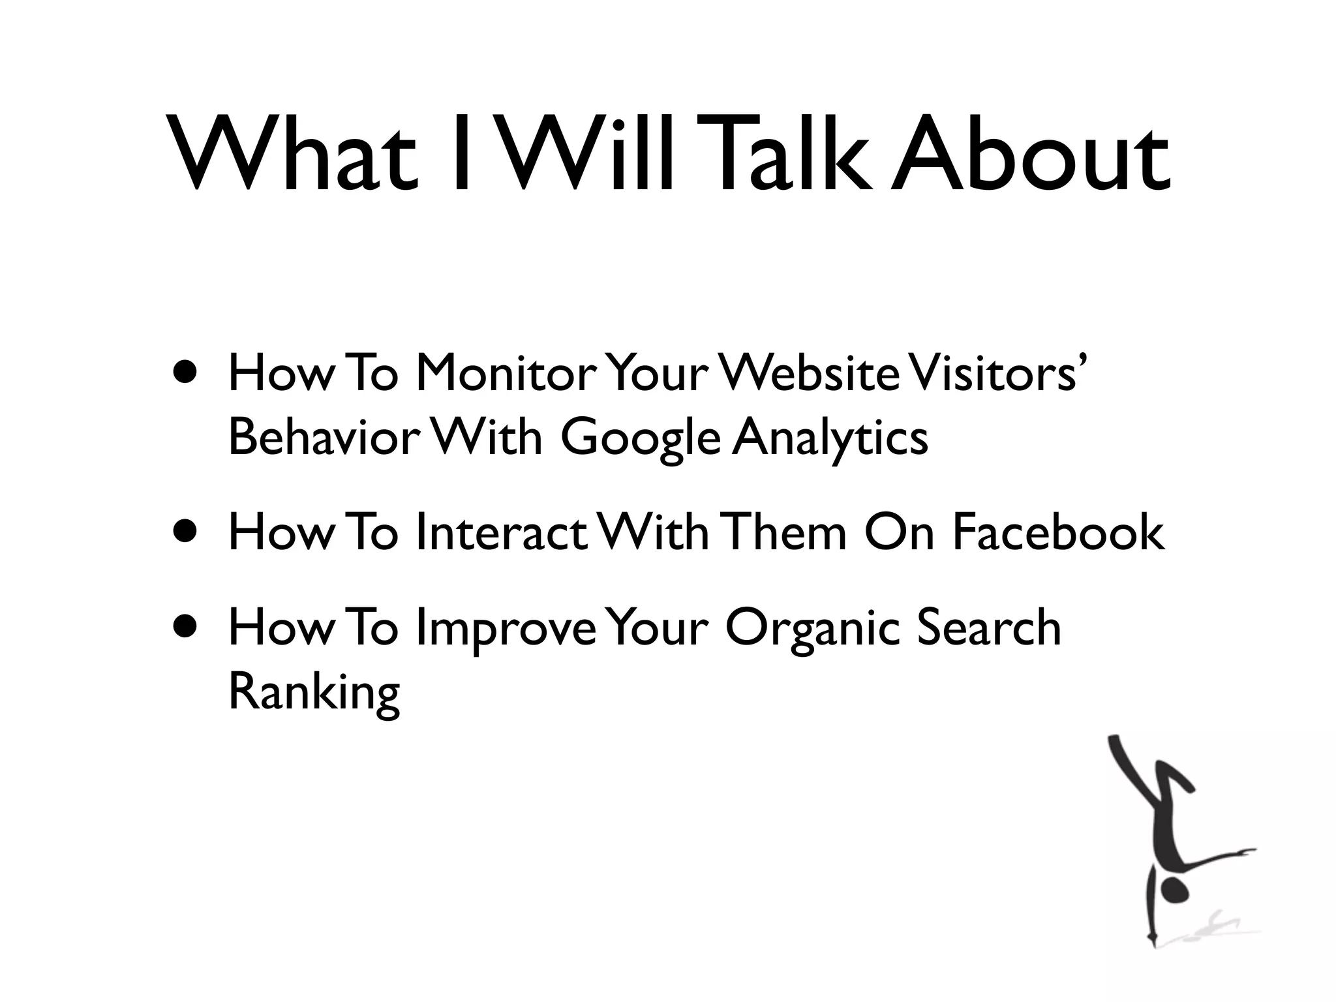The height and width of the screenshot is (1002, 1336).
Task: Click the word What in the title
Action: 294,155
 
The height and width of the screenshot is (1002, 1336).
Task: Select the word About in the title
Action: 1031,155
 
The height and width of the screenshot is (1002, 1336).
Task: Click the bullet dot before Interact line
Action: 187,532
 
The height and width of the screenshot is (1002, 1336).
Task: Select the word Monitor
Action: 506,374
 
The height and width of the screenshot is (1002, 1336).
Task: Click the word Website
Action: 812,374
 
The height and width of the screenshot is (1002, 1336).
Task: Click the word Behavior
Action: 321,438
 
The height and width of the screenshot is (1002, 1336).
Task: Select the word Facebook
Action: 1057,532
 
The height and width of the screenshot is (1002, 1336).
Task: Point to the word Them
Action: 785,532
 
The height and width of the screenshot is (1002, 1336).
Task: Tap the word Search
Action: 989,628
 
